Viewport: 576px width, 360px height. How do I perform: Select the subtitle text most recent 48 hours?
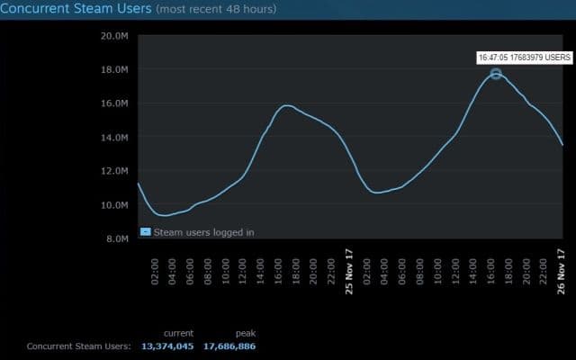[216, 10]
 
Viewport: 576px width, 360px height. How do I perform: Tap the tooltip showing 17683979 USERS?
[525, 57]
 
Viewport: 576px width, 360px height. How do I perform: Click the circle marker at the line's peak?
[496, 73]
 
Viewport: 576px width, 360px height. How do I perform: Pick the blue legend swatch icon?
[145, 231]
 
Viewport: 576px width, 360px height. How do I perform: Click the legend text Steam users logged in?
[203, 231]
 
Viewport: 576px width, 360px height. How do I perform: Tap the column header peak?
[246, 333]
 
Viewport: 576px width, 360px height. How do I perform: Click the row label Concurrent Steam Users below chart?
[78, 346]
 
